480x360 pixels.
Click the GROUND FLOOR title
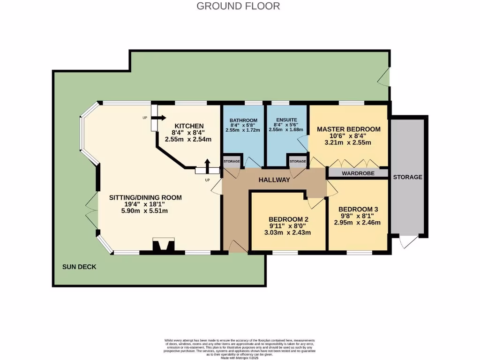tap(238, 6)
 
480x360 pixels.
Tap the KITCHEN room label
tap(189, 126)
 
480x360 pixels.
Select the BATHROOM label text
tap(243, 120)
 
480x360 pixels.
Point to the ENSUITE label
tap(286, 120)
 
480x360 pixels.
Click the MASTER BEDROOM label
tap(348, 129)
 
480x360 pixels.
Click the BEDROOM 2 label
tap(288, 219)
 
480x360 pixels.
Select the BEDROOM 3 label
tap(358, 209)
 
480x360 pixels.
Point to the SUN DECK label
tap(79, 267)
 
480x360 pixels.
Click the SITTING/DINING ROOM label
tap(145, 197)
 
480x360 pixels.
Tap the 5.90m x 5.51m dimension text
tap(145, 211)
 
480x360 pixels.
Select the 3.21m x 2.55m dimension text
tap(348, 142)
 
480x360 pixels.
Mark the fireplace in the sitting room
tap(164, 246)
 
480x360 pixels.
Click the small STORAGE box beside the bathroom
tap(232, 162)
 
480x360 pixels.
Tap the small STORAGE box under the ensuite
tap(298, 162)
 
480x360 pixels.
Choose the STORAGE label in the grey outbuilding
tap(407, 177)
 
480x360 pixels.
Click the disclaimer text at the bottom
tap(240, 347)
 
